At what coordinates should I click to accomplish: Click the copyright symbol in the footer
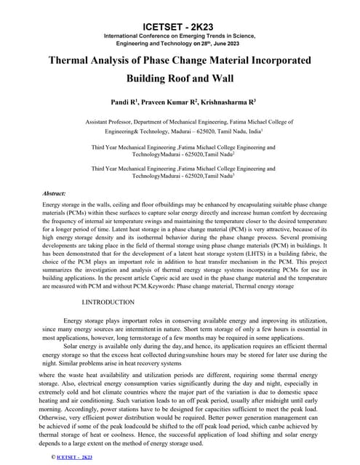pos(52,456)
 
